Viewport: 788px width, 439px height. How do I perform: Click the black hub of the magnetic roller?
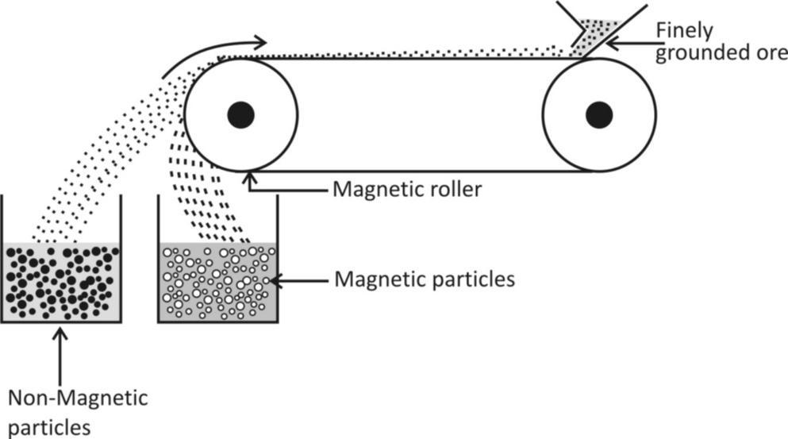click(240, 115)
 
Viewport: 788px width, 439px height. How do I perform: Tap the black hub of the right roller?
click(599, 115)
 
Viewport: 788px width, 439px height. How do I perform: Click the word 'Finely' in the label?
click(683, 30)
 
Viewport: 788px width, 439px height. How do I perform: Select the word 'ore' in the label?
click(771, 54)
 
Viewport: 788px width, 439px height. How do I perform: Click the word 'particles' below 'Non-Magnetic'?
click(49, 426)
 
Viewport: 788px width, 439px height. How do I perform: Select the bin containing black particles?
click(61, 281)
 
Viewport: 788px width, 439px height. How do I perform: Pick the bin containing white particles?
click(218, 281)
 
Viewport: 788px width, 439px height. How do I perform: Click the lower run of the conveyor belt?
click(421, 171)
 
